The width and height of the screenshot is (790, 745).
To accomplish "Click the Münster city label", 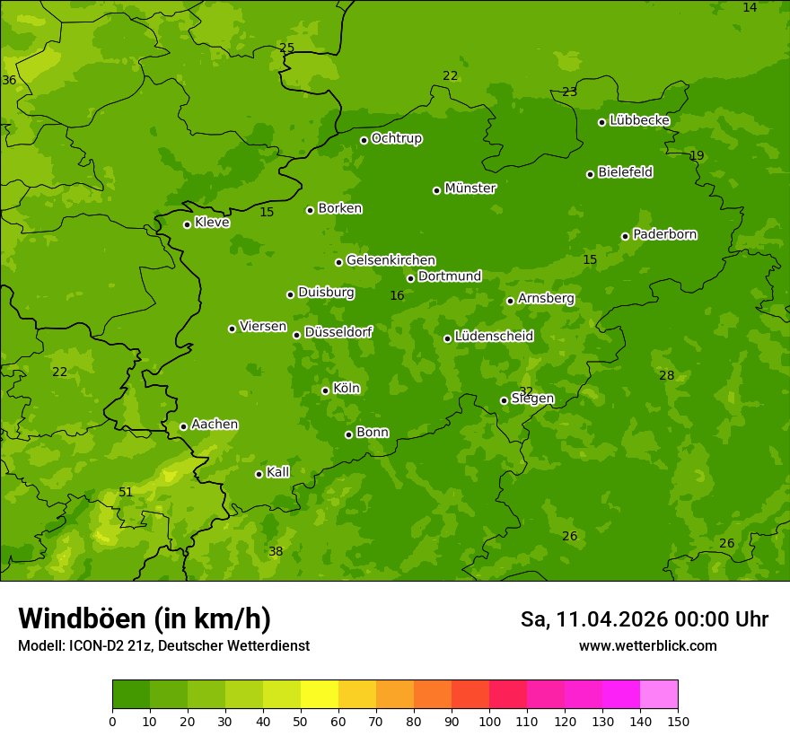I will click(470, 188).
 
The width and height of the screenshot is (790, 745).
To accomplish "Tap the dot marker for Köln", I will click(325, 390).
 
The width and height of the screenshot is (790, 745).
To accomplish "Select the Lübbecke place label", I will click(639, 120).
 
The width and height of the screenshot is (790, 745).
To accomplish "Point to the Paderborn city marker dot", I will click(625, 236).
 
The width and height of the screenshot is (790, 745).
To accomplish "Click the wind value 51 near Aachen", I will click(126, 492).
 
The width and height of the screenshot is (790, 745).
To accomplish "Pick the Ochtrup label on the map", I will click(396, 138).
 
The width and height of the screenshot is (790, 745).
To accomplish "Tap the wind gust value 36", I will click(9, 80).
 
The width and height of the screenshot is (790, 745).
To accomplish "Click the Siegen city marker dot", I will click(504, 400).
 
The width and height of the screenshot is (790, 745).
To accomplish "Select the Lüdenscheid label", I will click(494, 337).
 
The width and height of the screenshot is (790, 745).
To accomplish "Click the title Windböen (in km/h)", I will click(145, 618).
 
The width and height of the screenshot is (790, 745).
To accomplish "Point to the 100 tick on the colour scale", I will click(489, 720).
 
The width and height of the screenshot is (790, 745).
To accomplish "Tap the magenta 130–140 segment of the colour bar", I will click(621, 695).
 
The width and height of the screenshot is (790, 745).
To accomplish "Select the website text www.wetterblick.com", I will click(647, 645).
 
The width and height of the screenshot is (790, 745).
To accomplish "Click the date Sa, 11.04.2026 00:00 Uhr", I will click(644, 619).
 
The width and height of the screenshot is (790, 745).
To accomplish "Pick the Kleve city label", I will click(212, 223).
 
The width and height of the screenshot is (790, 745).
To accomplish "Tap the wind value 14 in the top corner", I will click(750, 7).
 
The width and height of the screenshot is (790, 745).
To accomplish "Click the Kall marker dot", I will click(259, 474).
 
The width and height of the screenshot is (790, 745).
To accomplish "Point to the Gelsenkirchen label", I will click(391, 260).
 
